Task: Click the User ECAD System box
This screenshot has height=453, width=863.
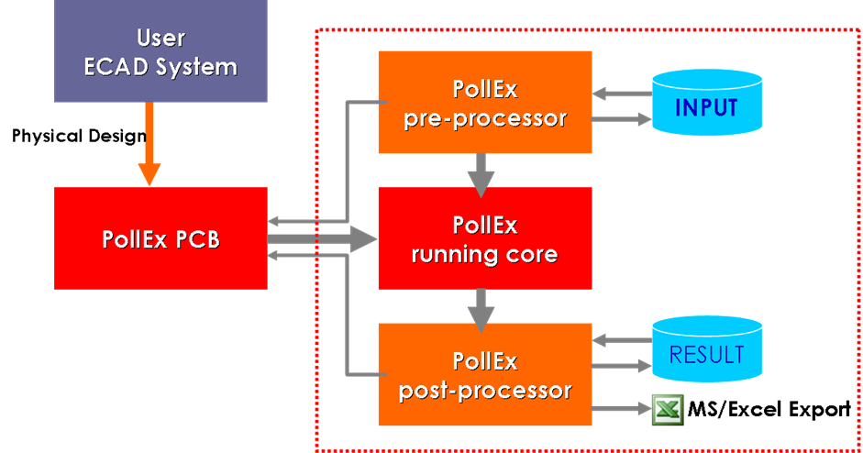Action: (160, 51)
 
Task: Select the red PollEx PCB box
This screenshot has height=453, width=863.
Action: (160, 238)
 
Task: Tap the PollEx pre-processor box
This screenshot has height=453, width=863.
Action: (484, 102)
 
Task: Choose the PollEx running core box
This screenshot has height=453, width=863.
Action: (484, 238)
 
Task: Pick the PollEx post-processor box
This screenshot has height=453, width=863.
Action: (484, 374)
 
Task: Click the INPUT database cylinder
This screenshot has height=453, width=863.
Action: (706, 107)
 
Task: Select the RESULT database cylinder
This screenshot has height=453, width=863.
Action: (706, 353)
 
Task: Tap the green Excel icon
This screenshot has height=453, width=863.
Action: (667, 409)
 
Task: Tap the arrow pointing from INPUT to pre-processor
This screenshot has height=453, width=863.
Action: (620, 93)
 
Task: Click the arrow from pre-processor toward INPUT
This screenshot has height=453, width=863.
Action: (620, 118)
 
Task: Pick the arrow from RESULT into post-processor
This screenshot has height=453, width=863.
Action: (620, 340)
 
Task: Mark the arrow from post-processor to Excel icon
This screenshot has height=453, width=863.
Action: (618, 410)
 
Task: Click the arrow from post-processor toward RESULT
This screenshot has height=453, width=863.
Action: (620, 366)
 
